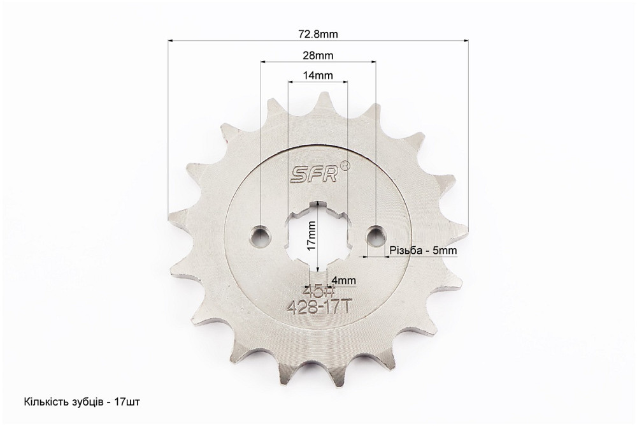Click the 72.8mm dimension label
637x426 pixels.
318,34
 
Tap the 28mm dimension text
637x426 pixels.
318,55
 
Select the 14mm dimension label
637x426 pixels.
318,75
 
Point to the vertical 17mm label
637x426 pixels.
311,236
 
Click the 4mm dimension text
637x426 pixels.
344,281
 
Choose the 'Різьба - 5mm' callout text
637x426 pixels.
423,250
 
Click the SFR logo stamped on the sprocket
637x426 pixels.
313,175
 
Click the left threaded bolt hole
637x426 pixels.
261,235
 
